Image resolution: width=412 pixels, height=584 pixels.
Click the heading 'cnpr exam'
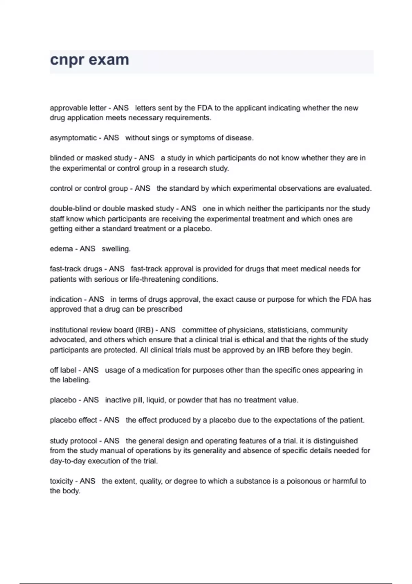[90, 60]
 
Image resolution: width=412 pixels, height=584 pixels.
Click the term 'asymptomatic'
[73, 138]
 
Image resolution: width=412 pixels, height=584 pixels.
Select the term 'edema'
[61, 249]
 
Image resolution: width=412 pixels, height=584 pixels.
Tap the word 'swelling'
[116, 249]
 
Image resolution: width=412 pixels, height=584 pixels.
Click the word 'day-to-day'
[68, 461]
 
